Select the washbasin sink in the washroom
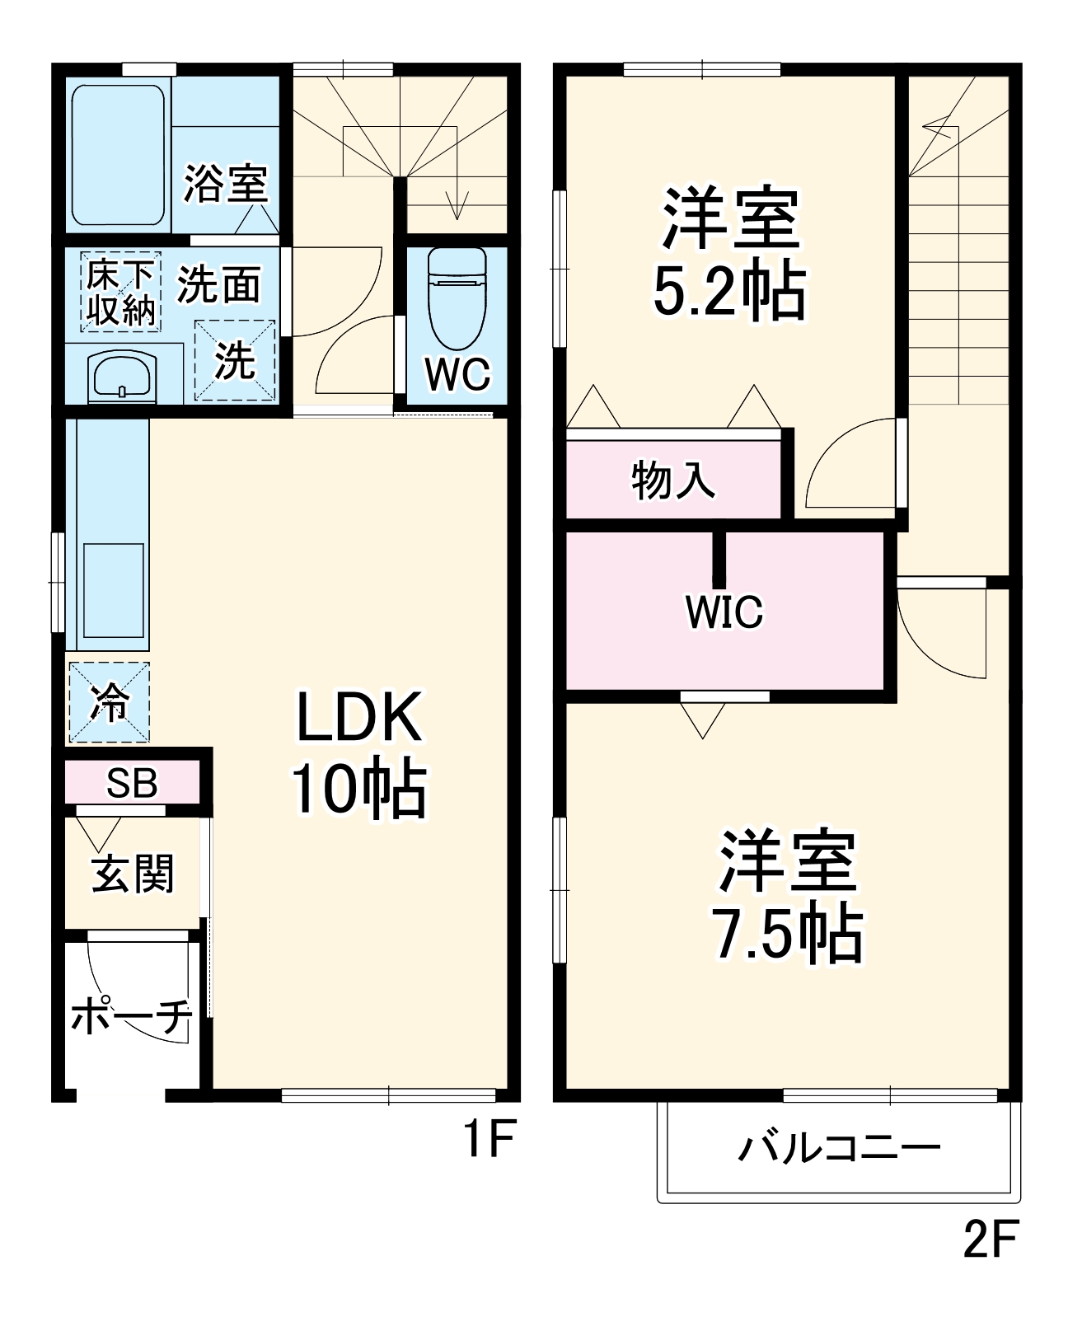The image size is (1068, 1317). (x=122, y=376)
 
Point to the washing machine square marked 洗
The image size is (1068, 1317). (x=235, y=359)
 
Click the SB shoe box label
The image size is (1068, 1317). (x=132, y=783)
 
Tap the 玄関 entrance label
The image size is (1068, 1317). (x=133, y=874)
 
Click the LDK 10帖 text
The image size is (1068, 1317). (x=359, y=752)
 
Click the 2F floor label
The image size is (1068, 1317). (x=991, y=1238)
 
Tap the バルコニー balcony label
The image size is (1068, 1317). (x=839, y=1148)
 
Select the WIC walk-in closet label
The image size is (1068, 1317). (x=724, y=611)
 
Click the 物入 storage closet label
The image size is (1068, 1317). (x=673, y=480)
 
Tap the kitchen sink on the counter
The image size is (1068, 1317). (x=114, y=580)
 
